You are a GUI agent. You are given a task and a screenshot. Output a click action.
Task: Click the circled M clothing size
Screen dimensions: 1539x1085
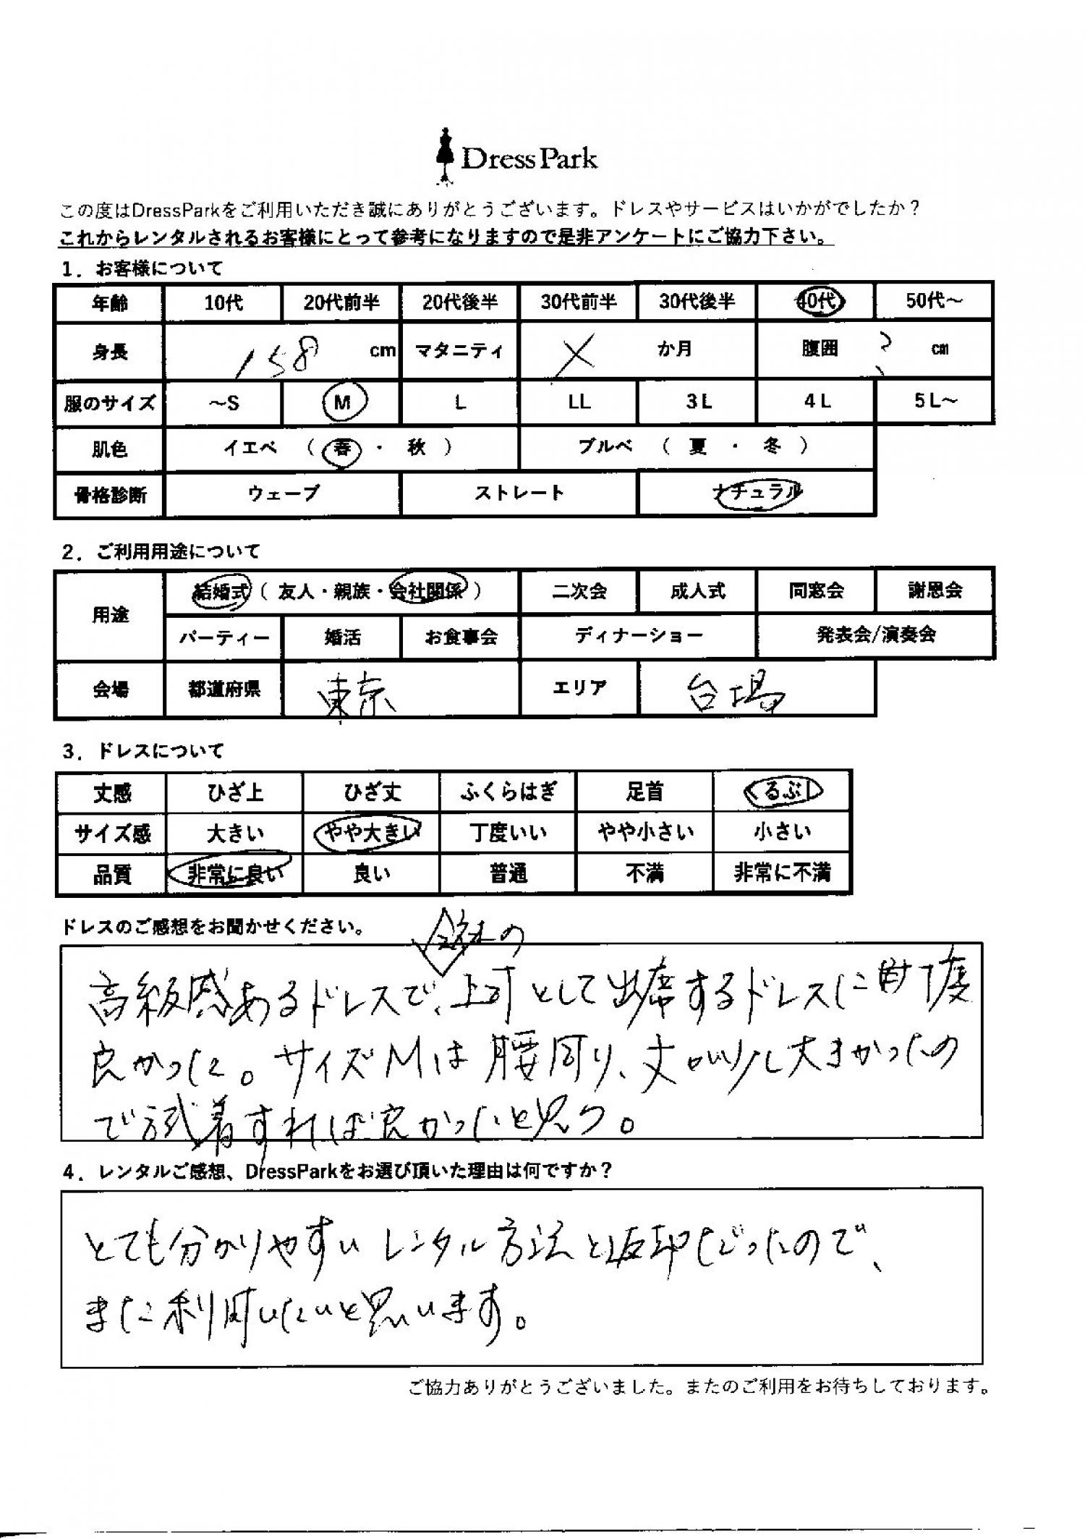pos(343,402)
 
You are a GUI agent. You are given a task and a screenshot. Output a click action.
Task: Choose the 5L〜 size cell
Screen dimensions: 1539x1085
pos(934,402)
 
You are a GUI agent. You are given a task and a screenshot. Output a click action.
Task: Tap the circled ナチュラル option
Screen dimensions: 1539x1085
pos(757,493)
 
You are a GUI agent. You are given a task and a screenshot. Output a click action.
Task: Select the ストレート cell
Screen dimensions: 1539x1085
pos(519,494)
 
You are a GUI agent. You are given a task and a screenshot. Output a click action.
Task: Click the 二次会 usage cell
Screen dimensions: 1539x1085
pos(579,590)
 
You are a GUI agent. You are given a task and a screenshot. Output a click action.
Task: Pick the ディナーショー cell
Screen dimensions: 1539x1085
pos(638,636)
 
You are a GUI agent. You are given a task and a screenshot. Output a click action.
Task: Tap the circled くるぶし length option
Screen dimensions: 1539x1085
pos(782,792)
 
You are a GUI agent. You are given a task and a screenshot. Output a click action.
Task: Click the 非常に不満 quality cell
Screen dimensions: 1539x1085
pos(782,874)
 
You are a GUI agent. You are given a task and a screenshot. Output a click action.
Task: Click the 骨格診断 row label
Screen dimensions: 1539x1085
pos(110,495)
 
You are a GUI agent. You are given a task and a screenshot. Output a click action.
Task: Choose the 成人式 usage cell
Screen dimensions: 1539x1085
pos(697,590)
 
